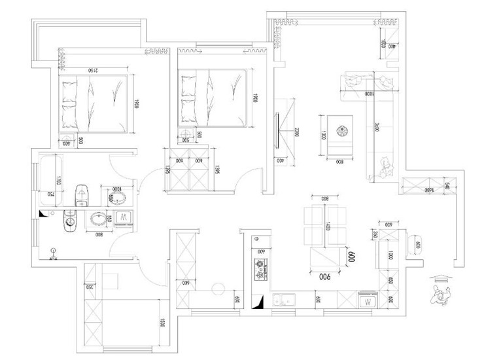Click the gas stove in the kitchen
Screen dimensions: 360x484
tap(260, 268)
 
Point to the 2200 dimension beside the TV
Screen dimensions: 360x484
tap(296, 134)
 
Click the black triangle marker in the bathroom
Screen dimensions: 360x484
tap(43, 213)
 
